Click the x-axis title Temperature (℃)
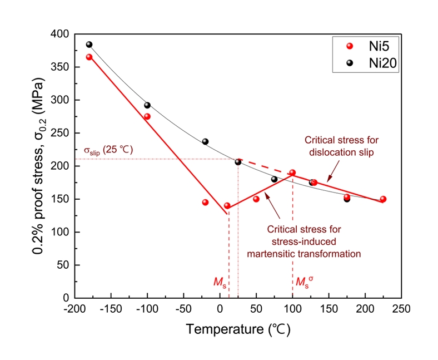[238, 329]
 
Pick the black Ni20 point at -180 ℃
[89, 45]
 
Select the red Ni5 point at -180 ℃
[89, 57]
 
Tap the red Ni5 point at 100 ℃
[292, 172]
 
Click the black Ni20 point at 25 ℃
[238, 162]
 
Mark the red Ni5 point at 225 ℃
[383, 199]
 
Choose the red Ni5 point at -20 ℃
[205, 202]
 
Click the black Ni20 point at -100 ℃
[147, 105]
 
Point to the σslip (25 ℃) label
[107, 150]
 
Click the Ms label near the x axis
[220, 283]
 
